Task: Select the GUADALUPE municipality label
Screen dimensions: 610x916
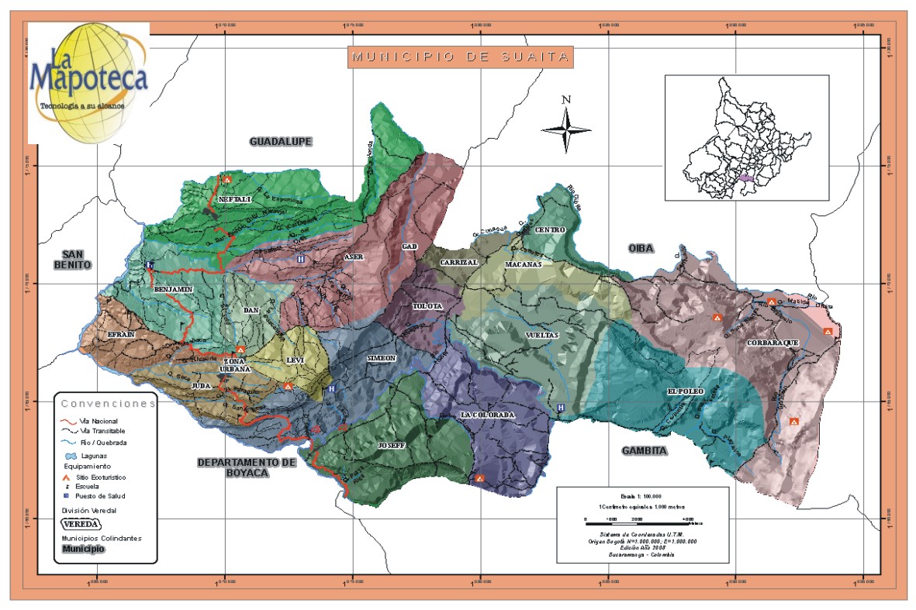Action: [x=281, y=141]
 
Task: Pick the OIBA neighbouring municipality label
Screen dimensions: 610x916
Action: [x=641, y=248]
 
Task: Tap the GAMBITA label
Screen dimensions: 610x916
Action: [x=645, y=450]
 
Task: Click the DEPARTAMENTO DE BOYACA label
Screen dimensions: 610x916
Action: [x=247, y=467]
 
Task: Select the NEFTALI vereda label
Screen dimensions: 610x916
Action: [x=236, y=200]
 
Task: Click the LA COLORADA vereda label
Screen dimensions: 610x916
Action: [x=487, y=415]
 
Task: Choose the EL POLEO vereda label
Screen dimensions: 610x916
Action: [x=685, y=391]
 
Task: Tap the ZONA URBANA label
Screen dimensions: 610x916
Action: [x=237, y=366]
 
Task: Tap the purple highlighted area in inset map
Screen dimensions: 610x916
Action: [x=746, y=178]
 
